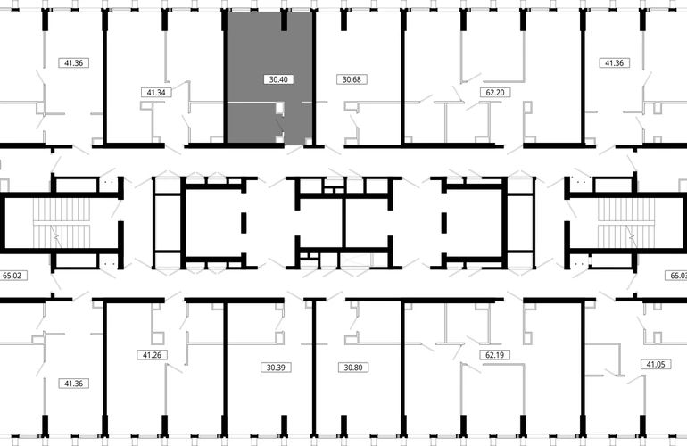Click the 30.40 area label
pyautogui.click(x=278, y=79)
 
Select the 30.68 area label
pyautogui.click(x=352, y=79)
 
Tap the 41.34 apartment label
pyautogui.click(x=156, y=93)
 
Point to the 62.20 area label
pyautogui.click(x=495, y=93)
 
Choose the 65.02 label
pyautogui.click(x=12, y=276)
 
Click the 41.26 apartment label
pyautogui.click(x=152, y=355)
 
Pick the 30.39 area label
pyautogui.click(x=276, y=368)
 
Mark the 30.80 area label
pyautogui.click(x=353, y=368)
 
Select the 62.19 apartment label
pyautogui.click(x=494, y=355)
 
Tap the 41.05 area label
pyautogui.click(x=656, y=364)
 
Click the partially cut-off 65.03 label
pyautogui.click(x=676, y=276)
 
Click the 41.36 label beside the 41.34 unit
pyautogui.click(x=73, y=63)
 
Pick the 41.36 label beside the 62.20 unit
pyautogui.click(x=614, y=63)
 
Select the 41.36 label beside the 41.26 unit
pyautogui.click(x=73, y=384)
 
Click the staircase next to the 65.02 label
pyautogui.click(x=62, y=223)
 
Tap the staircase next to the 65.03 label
pyautogui.click(x=626, y=223)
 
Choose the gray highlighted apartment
pyautogui.click(x=269, y=78)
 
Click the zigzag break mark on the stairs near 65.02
pyautogui.click(x=55, y=235)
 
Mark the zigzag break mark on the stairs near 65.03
pyautogui.click(x=631, y=235)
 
